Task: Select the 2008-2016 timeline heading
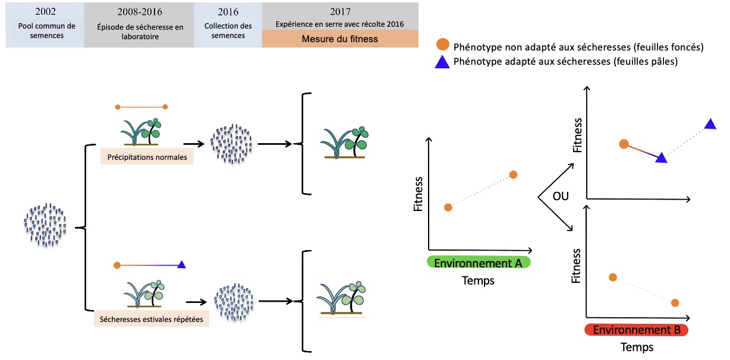pos(139,11)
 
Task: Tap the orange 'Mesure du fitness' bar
pos(339,40)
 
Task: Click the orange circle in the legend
pos(442,46)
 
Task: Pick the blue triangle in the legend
pos(442,61)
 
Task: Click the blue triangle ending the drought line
pos(182,264)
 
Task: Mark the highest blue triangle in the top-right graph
pos(710,124)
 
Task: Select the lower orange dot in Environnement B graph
pos(675,303)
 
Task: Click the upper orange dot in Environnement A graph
pos(513,174)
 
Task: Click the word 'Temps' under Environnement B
pos(637,347)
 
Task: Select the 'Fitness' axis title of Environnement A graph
pos(419,194)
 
